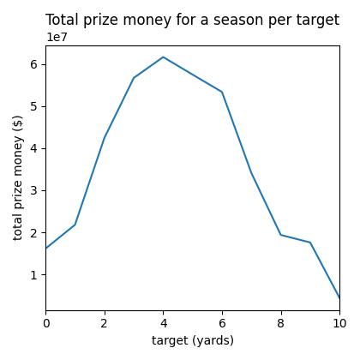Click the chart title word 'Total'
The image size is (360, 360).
click(x=63, y=20)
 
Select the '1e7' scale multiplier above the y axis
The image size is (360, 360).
click(x=57, y=37)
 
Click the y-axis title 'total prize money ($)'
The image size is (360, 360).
click(x=18, y=177)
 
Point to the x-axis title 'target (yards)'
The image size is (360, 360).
click(x=193, y=340)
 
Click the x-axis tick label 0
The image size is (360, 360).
click(x=45, y=323)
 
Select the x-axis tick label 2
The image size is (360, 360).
click(x=105, y=323)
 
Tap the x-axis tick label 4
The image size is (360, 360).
click(x=163, y=323)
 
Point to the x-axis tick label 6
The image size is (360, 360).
click(x=222, y=323)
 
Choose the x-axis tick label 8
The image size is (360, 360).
click(x=281, y=323)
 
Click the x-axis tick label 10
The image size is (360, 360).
click(x=339, y=323)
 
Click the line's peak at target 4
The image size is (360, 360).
click(x=163, y=57)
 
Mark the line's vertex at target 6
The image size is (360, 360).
click(x=222, y=92)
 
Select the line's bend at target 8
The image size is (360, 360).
click(x=281, y=235)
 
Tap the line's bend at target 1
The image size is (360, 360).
click(x=75, y=225)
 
